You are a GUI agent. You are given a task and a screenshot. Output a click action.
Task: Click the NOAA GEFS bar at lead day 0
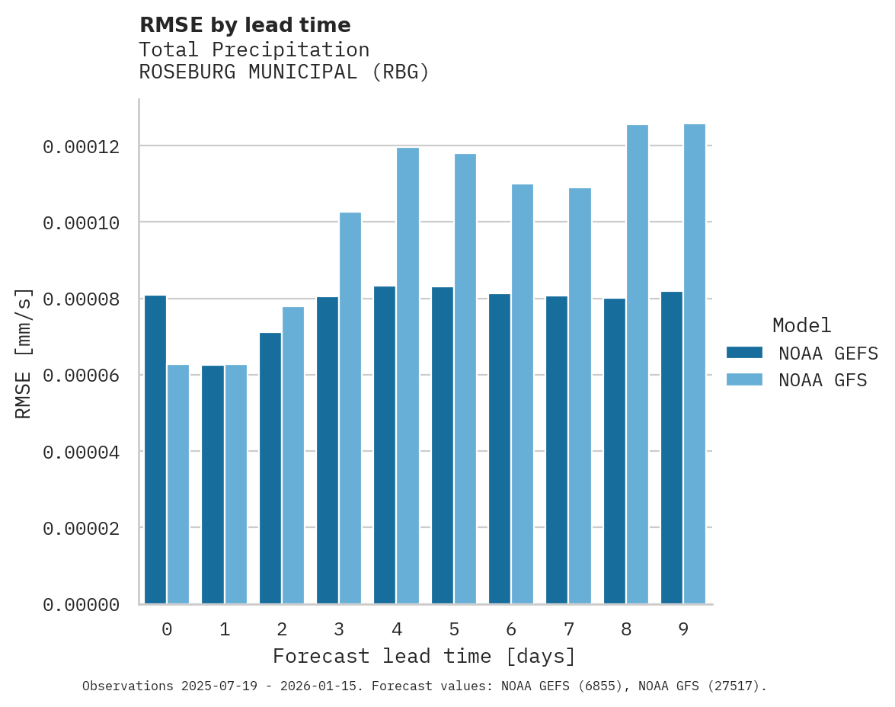pyautogui.click(x=155, y=449)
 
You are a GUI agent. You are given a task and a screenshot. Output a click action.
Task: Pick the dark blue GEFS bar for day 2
pyautogui.click(x=270, y=469)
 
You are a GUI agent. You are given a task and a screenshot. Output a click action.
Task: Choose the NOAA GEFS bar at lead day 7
pyautogui.click(x=557, y=449)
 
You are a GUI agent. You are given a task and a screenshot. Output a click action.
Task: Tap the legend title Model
pyautogui.click(x=801, y=325)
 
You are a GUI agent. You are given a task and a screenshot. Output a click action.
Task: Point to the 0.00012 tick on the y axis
pyautogui.click(x=81, y=146)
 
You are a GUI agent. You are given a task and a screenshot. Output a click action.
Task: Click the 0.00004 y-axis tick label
pyautogui.click(x=81, y=452)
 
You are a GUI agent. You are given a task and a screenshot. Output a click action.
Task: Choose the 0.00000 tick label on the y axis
pyautogui.click(x=81, y=604)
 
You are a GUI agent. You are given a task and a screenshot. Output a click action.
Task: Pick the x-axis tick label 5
pyautogui.click(x=454, y=629)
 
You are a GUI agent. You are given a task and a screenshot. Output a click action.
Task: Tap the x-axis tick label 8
pyautogui.click(x=626, y=629)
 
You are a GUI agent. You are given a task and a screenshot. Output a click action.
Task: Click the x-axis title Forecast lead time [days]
pyautogui.click(x=424, y=656)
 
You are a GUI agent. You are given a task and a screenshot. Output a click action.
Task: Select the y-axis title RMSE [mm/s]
pyautogui.click(x=24, y=353)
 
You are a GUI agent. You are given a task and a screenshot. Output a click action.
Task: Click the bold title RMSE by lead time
pyautogui.click(x=245, y=25)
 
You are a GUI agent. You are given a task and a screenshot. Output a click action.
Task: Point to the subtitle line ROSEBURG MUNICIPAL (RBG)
pyautogui.click(x=284, y=72)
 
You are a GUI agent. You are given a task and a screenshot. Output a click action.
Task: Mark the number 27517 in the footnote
pyautogui.click(x=737, y=686)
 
